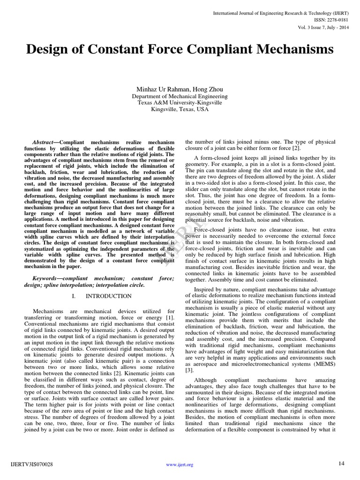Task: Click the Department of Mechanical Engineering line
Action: [x=180, y=97]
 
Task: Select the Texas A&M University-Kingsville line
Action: [x=180, y=103]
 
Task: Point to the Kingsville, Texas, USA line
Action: [x=180, y=110]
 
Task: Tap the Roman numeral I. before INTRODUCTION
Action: [x=75, y=296]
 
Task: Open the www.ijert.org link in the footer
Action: [x=180, y=465]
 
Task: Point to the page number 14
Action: [x=341, y=464]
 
